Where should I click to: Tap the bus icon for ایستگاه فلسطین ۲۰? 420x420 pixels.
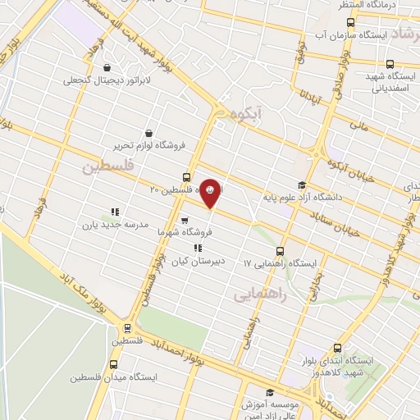click(x=187, y=176)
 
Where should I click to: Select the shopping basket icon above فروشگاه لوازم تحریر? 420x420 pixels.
click(x=148, y=133)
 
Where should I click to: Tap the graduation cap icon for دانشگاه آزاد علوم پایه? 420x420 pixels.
click(x=301, y=185)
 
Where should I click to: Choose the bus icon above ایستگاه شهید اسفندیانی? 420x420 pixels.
click(x=389, y=64)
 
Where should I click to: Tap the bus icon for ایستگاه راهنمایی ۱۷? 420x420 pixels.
click(x=280, y=251)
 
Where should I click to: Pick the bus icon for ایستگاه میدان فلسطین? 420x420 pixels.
click(x=113, y=364)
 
